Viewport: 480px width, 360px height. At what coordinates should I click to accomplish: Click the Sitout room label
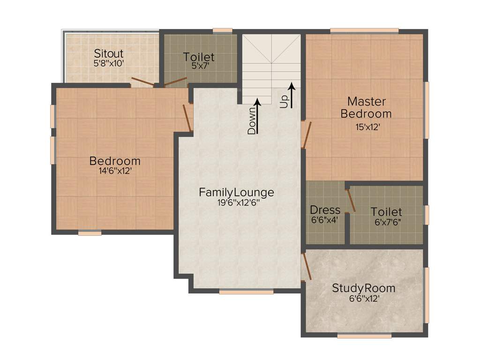(x=109, y=52)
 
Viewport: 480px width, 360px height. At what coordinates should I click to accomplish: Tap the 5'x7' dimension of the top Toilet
(x=198, y=66)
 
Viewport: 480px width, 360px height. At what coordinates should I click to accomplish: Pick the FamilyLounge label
(x=236, y=192)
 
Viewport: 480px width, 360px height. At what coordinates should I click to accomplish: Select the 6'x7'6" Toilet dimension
(x=387, y=222)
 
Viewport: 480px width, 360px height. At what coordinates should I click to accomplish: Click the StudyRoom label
(x=363, y=288)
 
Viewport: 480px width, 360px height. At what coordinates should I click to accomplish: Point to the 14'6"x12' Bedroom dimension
(x=114, y=171)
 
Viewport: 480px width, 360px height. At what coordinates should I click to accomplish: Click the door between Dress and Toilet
(x=350, y=200)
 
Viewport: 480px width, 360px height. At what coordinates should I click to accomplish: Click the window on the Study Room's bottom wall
(x=364, y=336)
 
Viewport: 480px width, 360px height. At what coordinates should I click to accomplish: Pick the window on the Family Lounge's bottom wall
(x=246, y=292)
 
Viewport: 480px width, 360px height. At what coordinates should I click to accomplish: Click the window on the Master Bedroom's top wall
(x=364, y=31)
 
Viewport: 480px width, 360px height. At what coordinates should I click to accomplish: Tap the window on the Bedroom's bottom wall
(x=90, y=233)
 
